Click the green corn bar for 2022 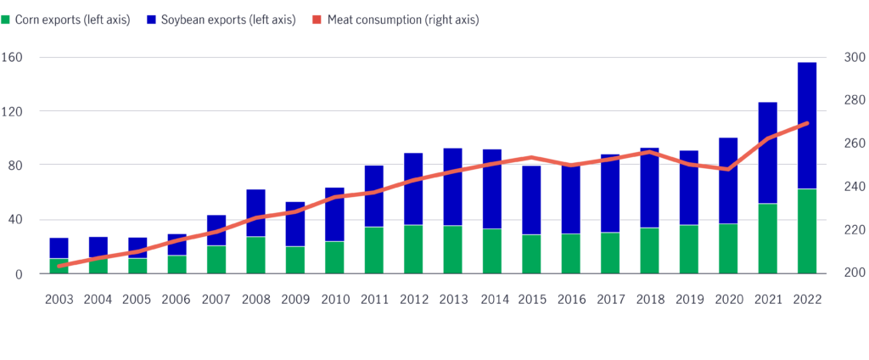(806, 231)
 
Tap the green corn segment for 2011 (373, 250)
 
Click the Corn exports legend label (72, 20)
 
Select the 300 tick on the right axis (854, 58)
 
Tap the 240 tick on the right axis (854, 187)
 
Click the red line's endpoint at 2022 (806, 123)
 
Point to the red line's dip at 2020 (727, 169)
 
